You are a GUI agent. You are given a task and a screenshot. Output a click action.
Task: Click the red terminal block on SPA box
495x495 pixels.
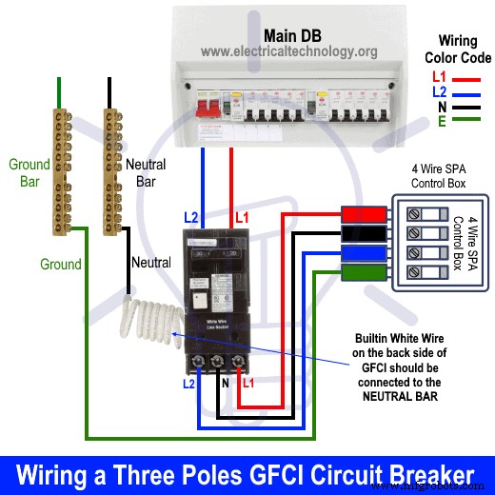(364, 213)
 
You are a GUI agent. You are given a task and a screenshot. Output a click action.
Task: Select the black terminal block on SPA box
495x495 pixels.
(364, 234)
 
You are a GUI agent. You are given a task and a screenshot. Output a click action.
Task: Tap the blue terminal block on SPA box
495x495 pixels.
(364, 255)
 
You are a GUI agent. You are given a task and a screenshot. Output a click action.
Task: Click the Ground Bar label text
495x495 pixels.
(29, 172)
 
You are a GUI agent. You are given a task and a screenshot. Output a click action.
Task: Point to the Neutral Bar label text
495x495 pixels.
(145, 172)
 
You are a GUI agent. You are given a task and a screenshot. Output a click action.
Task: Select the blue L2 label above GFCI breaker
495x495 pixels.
(190, 218)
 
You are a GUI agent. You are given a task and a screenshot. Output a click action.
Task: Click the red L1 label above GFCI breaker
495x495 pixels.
(242, 218)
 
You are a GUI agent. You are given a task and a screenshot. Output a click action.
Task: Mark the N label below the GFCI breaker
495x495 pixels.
(225, 384)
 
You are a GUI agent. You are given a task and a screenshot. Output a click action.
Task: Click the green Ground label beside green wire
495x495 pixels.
(60, 264)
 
